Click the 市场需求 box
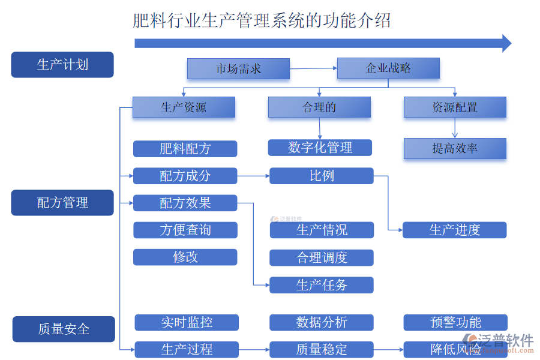tap(238, 68)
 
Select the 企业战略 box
tap(388, 68)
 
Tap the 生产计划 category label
tap(62, 65)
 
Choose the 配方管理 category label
tap(62, 203)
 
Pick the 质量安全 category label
tap(64, 329)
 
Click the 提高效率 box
tap(455, 149)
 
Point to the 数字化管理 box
tap(320, 148)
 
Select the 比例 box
tap(322, 176)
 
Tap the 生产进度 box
tap(454, 230)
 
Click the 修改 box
tap(185, 257)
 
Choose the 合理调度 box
tap(322, 257)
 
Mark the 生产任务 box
tap(322, 285)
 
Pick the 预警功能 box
tap(455, 322)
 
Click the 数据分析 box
tap(322, 322)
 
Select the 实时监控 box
tap(187, 322)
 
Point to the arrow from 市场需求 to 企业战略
tap(313, 68)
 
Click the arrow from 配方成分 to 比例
tap(253, 176)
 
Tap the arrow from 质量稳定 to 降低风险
tap(388, 349)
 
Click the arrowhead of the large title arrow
tap(506, 43)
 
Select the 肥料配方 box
tap(185, 149)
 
